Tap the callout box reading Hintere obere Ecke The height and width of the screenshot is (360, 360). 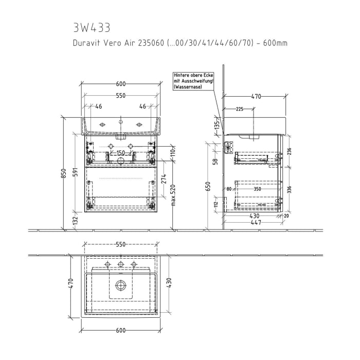pos(194,81)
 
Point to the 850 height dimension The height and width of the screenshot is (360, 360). pos(64,173)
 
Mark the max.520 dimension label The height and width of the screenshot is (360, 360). pos(174,195)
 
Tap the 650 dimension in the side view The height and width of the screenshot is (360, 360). pos(208,186)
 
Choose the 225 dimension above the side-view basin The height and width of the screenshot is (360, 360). pos(240,109)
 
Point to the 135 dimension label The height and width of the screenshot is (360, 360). pos(217,124)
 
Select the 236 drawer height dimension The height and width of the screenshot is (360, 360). pos(289,151)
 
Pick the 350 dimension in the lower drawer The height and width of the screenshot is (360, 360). pos(257,189)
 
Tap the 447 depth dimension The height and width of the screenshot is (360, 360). pos(256,222)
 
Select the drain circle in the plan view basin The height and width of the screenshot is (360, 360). pos(121,284)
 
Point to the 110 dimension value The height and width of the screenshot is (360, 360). pos(173,151)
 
